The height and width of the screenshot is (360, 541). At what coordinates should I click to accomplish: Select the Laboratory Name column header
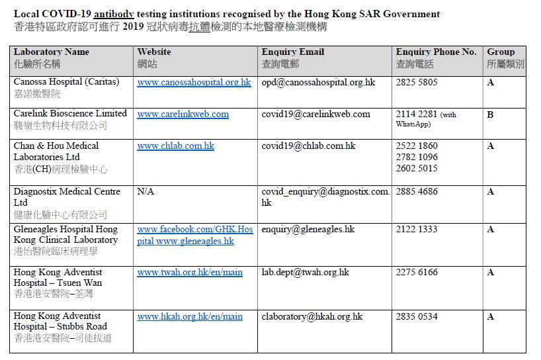point(51,52)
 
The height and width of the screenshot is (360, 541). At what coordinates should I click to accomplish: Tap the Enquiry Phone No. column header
point(436,52)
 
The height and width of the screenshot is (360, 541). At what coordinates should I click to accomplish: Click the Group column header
point(501,52)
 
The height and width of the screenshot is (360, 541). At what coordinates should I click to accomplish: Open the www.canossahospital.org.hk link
point(194,83)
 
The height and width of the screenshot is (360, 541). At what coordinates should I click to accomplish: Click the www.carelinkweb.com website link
point(183,114)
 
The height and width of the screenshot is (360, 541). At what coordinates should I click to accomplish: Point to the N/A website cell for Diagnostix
point(146,192)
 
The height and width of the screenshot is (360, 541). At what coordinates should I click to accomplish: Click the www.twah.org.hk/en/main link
point(190,272)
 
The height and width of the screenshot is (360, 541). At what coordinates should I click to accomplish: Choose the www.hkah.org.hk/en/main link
point(190,316)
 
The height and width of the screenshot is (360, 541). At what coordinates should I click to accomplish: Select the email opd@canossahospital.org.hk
point(318,83)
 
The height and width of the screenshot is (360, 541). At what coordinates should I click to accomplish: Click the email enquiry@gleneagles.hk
point(308,229)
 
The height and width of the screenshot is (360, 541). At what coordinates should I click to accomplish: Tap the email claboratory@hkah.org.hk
point(312,316)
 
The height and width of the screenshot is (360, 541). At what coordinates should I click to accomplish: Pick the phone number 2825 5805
point(416,83)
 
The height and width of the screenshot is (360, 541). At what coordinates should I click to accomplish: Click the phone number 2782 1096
point(416,157)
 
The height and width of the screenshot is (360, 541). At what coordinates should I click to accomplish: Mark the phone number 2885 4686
point(416,192)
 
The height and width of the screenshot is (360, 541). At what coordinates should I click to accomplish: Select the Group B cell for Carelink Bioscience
point(490,114)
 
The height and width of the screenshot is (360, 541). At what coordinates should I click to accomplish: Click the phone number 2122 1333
point(416,229)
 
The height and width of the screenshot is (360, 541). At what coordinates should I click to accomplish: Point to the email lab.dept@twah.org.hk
point(306,272)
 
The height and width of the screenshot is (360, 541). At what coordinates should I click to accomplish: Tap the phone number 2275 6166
point(416,272)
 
